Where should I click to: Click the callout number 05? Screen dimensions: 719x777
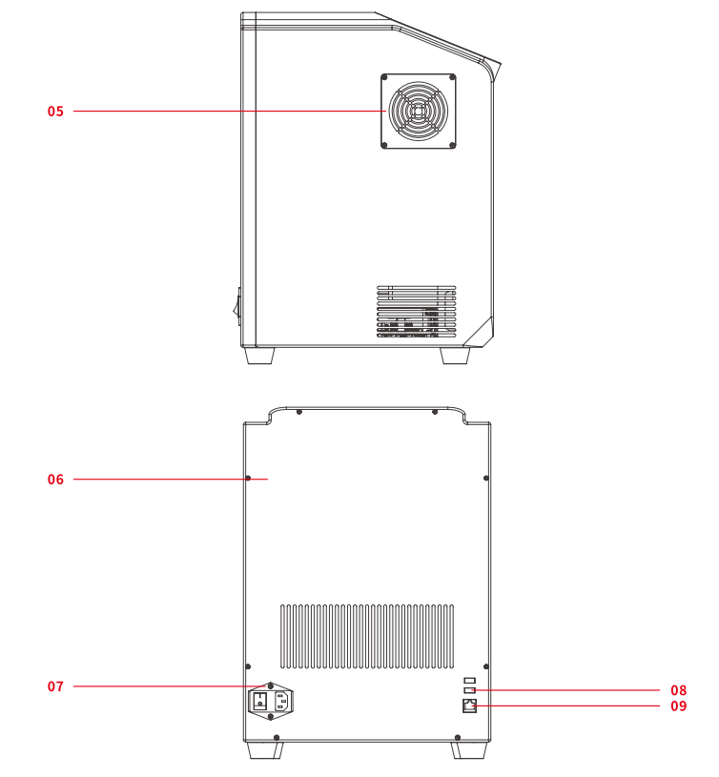pos(55,111)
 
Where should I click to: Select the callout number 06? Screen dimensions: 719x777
pos(55,480)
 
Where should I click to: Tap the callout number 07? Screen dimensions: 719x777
pos(55,686)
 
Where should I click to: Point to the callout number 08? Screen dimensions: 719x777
pos(678,690)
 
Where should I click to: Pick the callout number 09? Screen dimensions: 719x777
pos(678,705)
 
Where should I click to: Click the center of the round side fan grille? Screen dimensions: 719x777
pos(419,111)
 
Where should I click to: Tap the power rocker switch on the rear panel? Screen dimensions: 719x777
pos(260,701)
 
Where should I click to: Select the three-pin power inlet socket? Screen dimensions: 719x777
pos(280,701)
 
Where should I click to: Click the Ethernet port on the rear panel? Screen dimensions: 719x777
pos(469,705)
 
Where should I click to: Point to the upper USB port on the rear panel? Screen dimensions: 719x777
pos(470,681)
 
